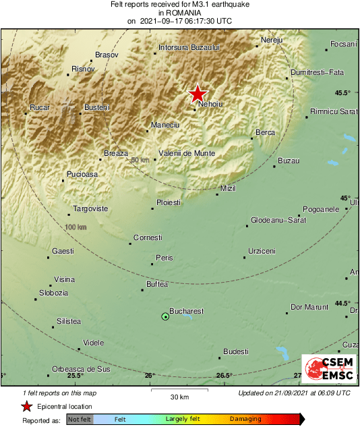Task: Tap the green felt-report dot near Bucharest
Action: tap(165, 316)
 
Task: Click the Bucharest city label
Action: tap(186, 311)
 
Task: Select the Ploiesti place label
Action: tap(168, 202)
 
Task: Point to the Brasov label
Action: tap(107, 54)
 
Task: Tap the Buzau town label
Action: tap(288, 161)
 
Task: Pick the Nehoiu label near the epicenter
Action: tap(210, 103)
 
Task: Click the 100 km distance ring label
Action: tap(76, 227)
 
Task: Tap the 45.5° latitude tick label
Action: tap(343, 92)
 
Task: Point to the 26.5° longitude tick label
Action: tap(224, 376)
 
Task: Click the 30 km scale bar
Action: tap(179, 390)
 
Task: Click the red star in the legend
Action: tap(26, 406)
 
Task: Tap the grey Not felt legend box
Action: tap(80, 419)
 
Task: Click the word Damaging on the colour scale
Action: tap(245, 419)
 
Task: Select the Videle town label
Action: tap(93, 343)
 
